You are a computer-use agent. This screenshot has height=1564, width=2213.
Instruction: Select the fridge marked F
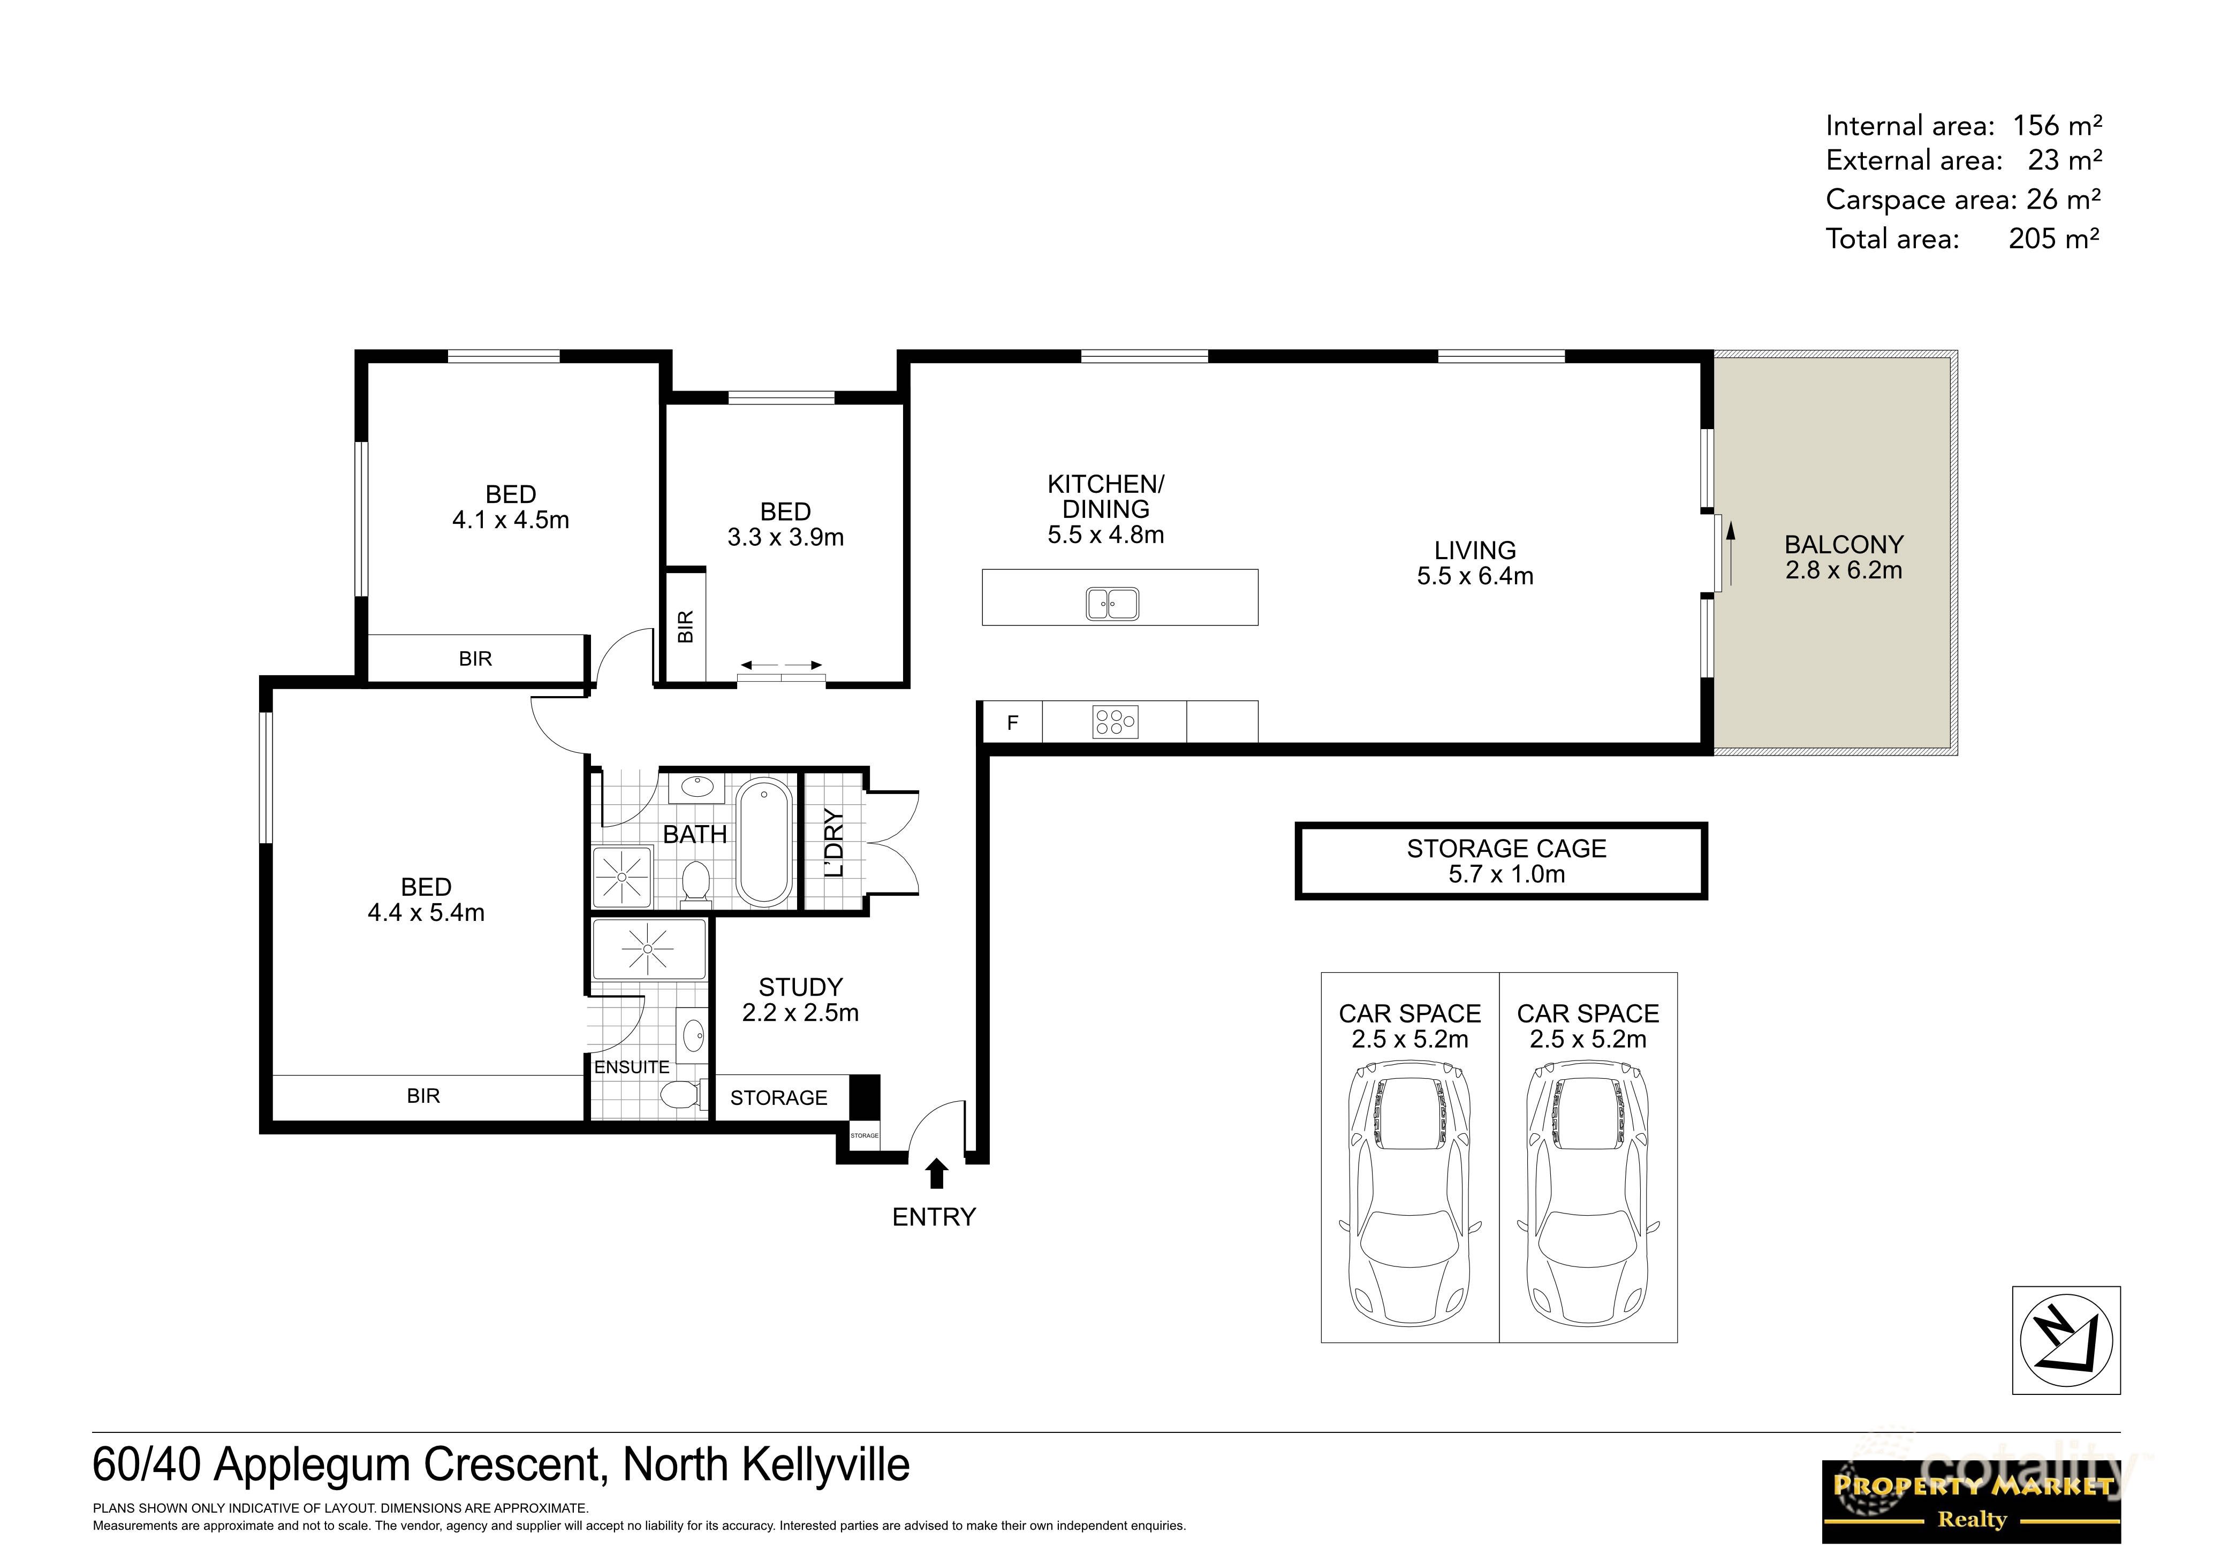tap(1012, 723)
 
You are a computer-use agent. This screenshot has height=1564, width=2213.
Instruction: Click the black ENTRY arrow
tap(936, 1174)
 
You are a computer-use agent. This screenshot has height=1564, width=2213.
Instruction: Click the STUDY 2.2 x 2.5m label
tap(800, 1000)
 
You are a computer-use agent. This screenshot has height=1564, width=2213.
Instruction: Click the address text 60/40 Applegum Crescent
tap(500, 1464)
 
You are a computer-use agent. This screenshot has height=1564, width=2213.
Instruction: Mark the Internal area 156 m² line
tap(1962, 125)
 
